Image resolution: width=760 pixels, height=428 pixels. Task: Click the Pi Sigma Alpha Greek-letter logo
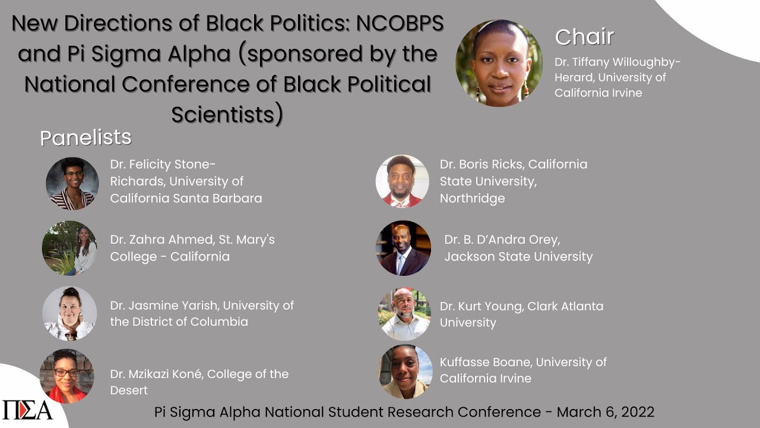(x=27, y=410)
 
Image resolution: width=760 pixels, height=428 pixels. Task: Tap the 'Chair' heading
(x=584, y=37)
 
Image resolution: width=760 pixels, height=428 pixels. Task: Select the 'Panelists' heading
(x=85, y=138)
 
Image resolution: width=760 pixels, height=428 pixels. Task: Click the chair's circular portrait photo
(x=499, y=63)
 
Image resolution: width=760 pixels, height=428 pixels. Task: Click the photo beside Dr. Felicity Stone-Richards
(x=72, y=184)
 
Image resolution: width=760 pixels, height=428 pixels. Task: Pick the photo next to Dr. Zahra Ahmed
(x=69, y=248)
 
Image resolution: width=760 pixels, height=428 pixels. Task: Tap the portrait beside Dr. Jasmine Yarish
(x=69, y=313)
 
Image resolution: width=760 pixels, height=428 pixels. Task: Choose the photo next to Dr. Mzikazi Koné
(x=67, y=376)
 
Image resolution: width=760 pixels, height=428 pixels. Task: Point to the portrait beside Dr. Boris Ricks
(x=403, y=181)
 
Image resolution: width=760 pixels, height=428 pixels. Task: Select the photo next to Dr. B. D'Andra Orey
(x=404, y=248)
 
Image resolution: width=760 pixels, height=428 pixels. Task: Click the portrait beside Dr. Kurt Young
(x=404, y=314)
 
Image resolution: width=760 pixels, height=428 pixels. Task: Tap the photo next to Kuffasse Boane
(x=406, y=372)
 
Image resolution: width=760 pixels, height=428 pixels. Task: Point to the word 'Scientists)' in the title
(x=227, y=114)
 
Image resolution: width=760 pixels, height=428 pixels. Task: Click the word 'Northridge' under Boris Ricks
(x=472, y=199)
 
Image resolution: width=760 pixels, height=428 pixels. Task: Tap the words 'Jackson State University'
(x=518, y=257)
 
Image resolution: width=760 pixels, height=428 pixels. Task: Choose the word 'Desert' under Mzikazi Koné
(x=129, y=391)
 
